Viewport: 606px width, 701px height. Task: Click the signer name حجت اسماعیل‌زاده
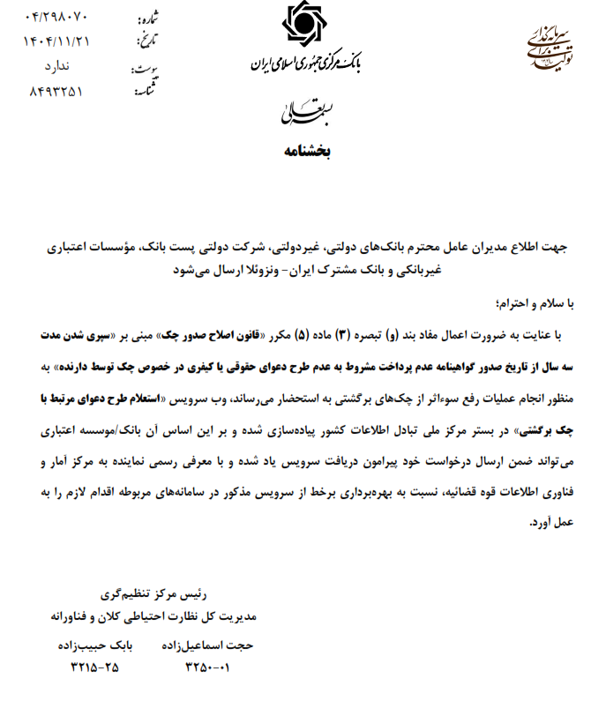tap(207, 645)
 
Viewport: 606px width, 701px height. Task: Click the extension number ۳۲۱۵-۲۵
tap(94, 667)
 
